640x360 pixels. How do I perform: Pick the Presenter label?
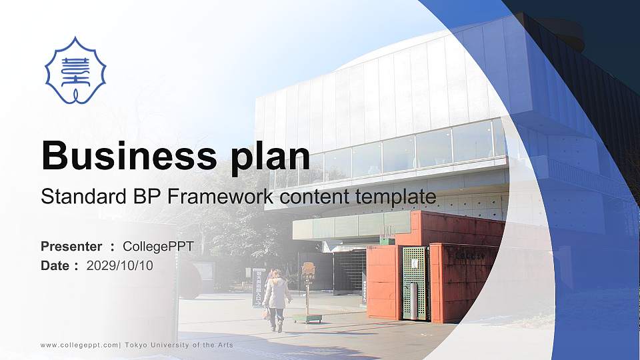point(71,247)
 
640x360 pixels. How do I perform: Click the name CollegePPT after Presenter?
point(158,247)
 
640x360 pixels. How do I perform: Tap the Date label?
point(55,266)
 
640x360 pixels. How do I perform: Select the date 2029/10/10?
point(119,266)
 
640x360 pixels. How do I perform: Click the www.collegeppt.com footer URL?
point(79,345)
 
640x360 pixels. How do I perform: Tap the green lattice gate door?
point(414,283)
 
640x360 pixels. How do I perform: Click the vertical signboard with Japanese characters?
point(259,287)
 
